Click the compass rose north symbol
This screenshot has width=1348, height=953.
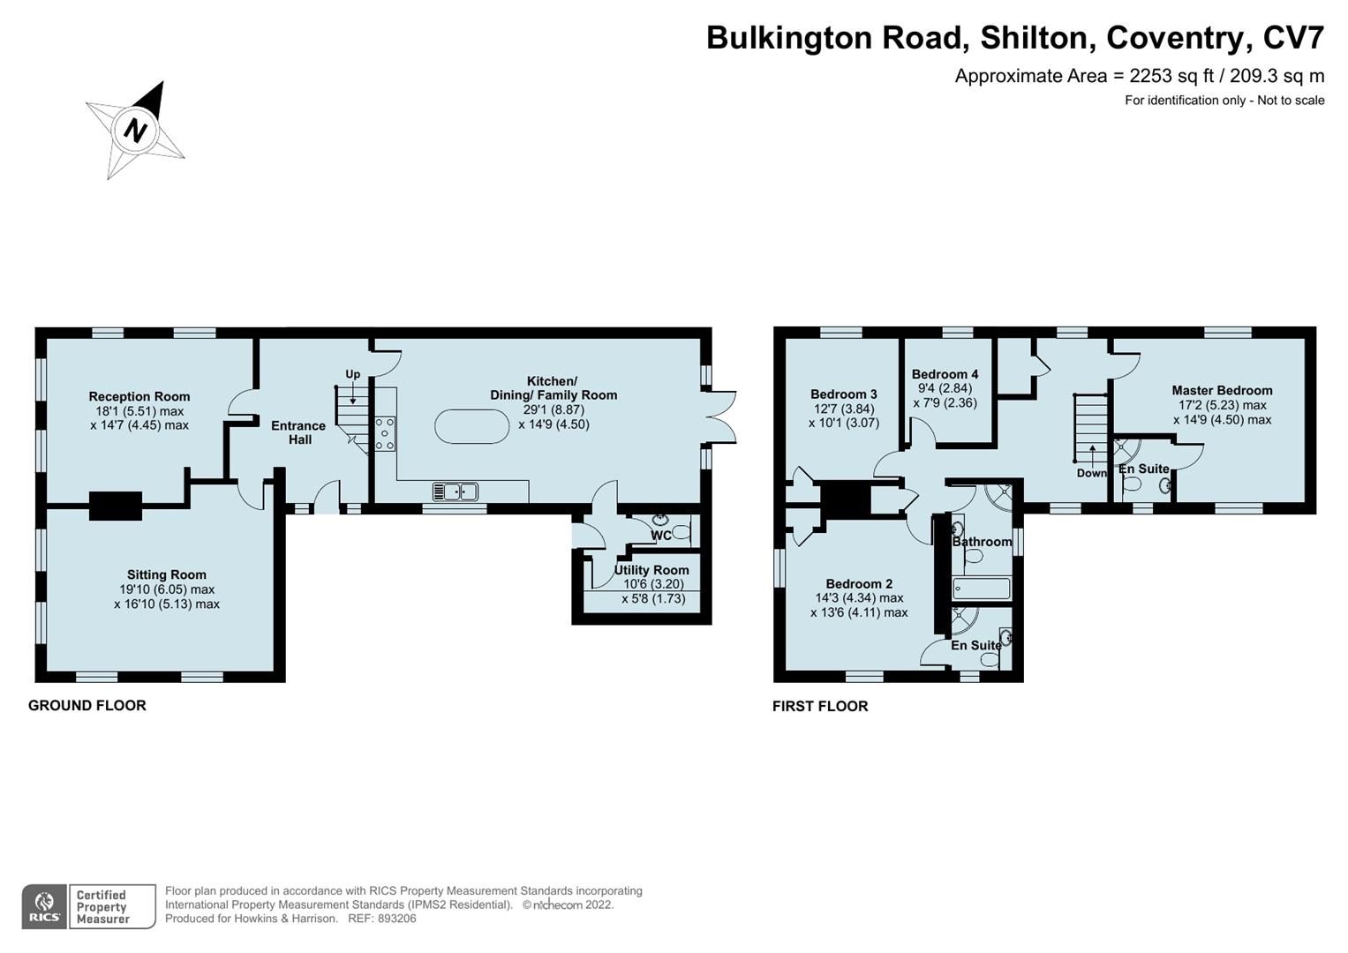pos(135,131)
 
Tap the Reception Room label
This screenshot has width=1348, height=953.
pos(139,396)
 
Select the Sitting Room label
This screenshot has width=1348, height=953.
pos(166,574)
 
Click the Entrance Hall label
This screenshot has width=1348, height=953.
pos(298,432)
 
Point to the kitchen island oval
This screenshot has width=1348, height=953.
pos(472,428)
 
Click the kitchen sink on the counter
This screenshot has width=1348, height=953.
pos(456,492)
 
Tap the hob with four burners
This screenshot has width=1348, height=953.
pos(385,433)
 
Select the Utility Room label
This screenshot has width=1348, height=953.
pos(651,570)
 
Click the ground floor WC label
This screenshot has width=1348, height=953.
pos(661,535)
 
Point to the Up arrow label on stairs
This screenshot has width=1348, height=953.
pos(352,374)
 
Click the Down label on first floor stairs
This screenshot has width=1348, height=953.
pos(1091,473)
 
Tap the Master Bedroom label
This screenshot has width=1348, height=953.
pos(1222,390)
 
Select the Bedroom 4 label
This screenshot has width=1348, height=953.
pos(945,374)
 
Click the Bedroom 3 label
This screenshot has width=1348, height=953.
pos(843,394)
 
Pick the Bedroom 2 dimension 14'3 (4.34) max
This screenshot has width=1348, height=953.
pos(858,597)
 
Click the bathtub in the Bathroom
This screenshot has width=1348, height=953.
pos(982,588)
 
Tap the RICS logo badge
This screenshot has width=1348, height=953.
pos(44,907)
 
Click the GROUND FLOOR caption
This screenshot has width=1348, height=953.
pos(87,705)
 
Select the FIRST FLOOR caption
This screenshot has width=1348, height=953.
pos(820,706)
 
